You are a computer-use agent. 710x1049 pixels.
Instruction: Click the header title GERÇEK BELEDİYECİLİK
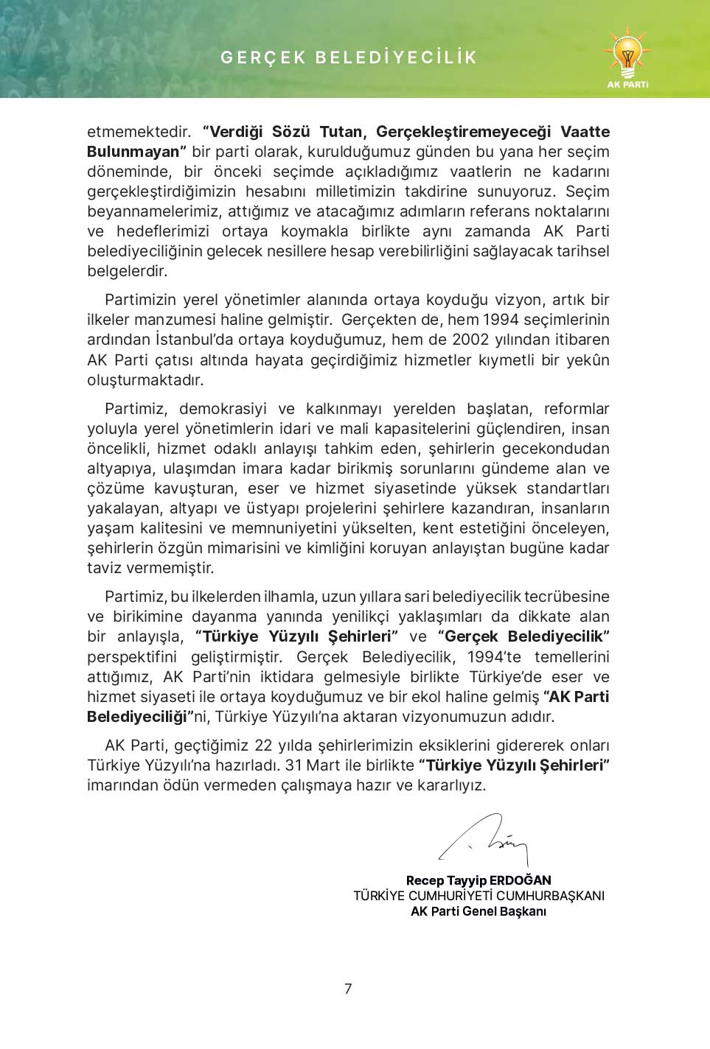(x=349, y=57)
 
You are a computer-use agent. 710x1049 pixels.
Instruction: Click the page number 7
(x=348, y=989)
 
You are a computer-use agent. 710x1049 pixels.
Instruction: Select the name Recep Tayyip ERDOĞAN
(x=478, y=880)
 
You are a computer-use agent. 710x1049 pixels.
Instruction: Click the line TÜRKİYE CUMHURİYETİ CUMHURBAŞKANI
(x=478, y=896)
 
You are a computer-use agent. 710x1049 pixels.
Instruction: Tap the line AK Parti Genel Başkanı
(x=478, y=911)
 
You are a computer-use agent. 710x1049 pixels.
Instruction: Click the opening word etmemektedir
(x=139, y=132)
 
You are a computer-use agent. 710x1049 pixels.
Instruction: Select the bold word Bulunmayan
(x=133, y=152)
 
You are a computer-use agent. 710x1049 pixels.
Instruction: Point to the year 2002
(x=470, y=340)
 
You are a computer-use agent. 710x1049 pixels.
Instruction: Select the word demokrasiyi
(x=223, y=409)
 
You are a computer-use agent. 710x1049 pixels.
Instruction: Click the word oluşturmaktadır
(x=145, y=380)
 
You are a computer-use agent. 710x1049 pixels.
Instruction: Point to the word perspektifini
(x=132, y=657)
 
